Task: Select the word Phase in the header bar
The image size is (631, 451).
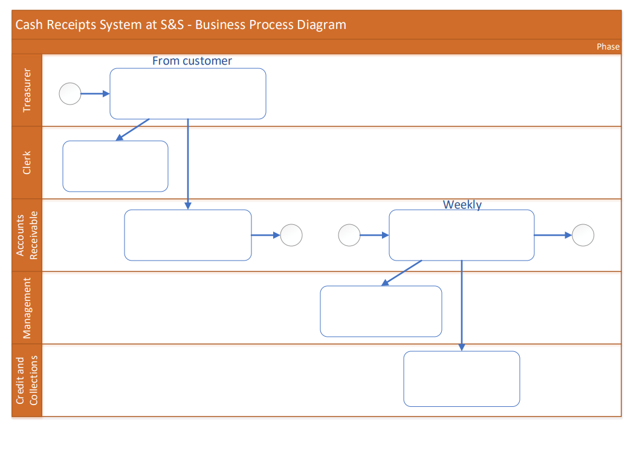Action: click(607, 47)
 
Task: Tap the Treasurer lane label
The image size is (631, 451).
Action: click(27, 90)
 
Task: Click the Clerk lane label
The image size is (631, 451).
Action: click(27, 163)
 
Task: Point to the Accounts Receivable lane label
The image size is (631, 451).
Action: click(27, 235)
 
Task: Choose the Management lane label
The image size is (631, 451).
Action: click(27, 308)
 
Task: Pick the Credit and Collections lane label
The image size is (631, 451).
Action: click(27, 380)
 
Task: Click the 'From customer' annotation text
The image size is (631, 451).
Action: click(192, 60)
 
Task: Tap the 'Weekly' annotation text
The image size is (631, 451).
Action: click(462, 204)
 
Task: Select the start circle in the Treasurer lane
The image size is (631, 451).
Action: click(70, 94)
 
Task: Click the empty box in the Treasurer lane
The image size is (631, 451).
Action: click(187, 94)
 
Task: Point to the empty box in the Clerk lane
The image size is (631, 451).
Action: click(115, 166)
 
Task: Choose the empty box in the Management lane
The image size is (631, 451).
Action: click(381, 311)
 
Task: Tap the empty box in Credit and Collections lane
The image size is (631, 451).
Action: click(461, 378)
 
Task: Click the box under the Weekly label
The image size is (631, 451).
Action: click(461, 235)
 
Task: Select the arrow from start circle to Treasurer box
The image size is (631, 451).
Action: click(95, 94)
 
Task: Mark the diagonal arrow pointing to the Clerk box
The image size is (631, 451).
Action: click(132, 129)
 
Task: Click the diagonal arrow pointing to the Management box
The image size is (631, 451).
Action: click(402, 273)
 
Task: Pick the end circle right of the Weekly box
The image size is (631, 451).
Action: click(583, 235)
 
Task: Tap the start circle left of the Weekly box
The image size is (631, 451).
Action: click(349, 235)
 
